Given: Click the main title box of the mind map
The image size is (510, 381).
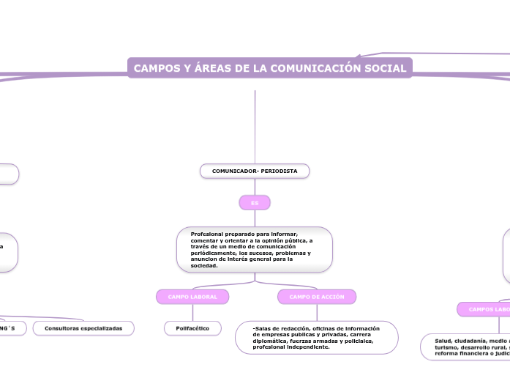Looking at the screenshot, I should tap(270, 68).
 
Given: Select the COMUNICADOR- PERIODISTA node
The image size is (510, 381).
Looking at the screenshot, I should tap(255, 171).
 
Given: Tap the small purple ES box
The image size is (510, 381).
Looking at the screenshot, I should tap(255, 202).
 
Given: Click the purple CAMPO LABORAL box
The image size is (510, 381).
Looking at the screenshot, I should tap(192, 297).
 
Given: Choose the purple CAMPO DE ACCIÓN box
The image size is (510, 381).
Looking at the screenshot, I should tap(317, 297).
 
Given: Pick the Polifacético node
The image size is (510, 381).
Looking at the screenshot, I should tap(192, 328).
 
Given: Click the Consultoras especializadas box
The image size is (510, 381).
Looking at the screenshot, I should tap(83, 328).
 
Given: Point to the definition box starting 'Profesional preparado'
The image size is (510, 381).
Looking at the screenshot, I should tap(255, 249).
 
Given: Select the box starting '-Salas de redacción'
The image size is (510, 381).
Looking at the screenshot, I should tap(317, 337).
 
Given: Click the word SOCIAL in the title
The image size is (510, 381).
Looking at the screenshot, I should tap(388, 68).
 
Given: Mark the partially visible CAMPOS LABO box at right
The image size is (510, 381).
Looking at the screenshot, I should tap(484, 309).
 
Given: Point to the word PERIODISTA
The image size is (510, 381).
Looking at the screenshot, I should tap(279, 171).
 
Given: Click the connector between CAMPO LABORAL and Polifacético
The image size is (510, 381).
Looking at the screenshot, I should tap(192, 313).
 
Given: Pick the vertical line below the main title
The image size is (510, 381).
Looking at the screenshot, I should tap(255, 125).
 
